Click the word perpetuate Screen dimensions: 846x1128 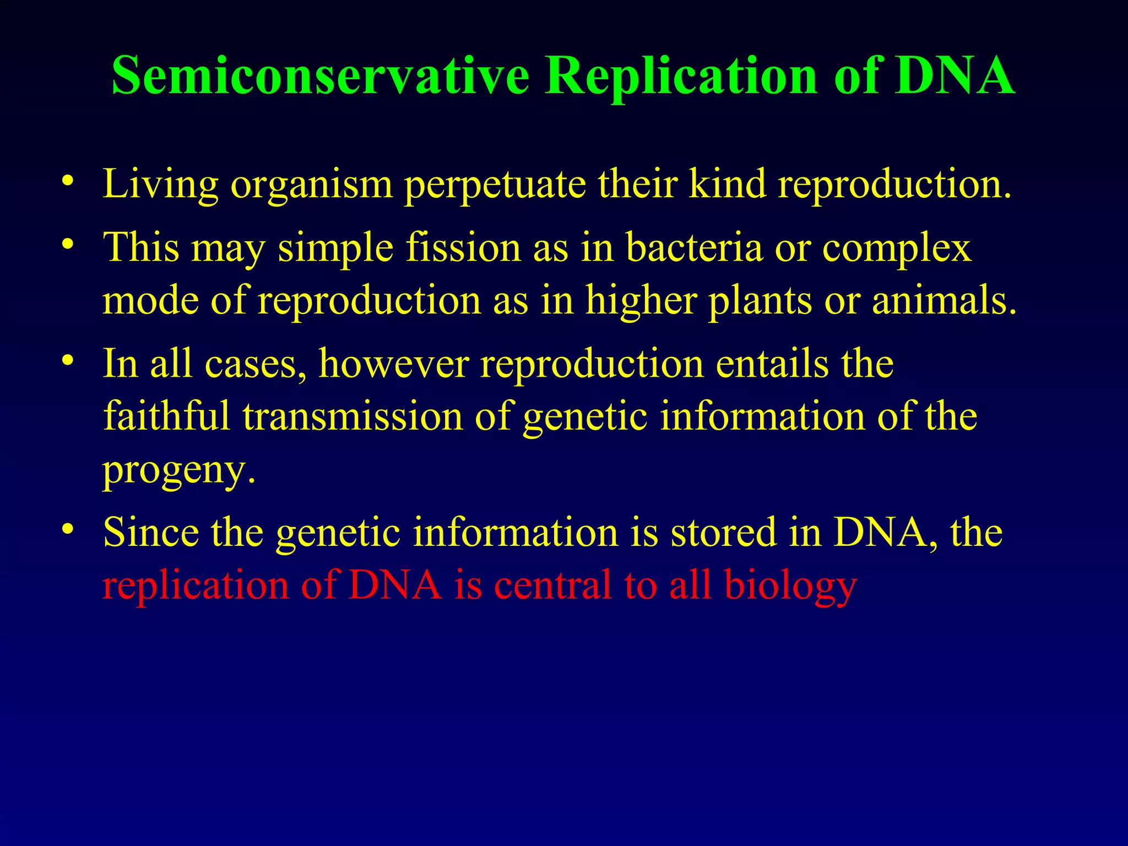pos(495,185)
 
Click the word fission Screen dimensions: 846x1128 pos(463,247)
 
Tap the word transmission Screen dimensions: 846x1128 pos(352,417)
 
